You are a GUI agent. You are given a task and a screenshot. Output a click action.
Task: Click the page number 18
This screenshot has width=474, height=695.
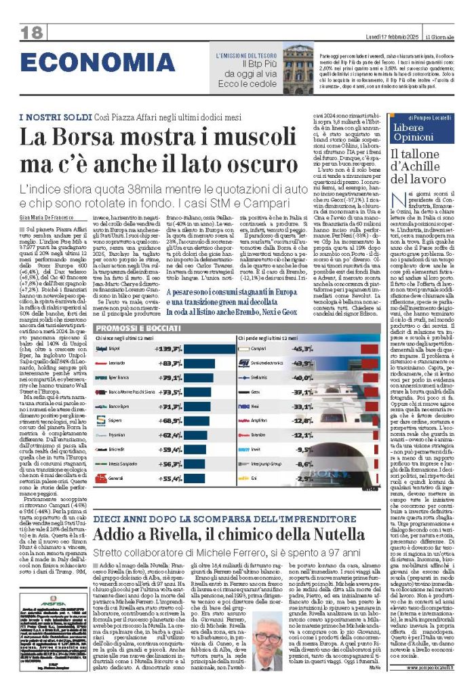[x=32, y=32]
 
